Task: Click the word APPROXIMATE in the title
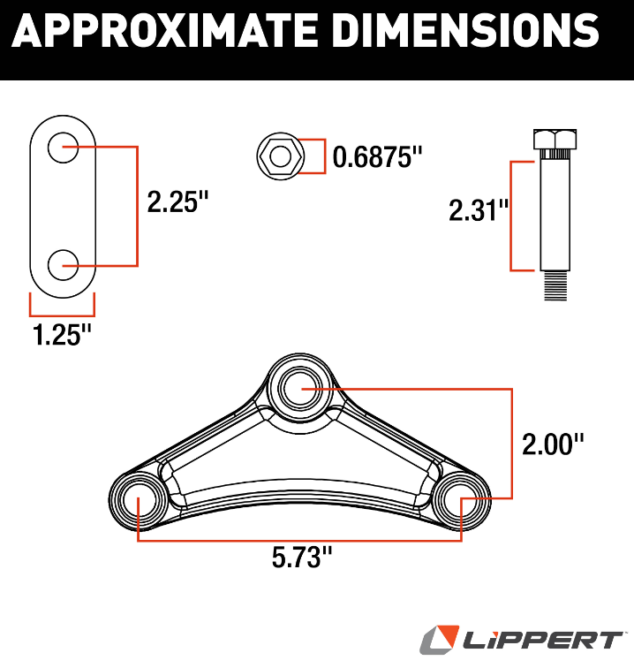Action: (165, 31)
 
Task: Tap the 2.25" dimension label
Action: (178, 201)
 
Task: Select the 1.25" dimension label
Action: (62, 334)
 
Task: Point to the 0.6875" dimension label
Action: (377, 156)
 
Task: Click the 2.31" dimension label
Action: (479, 210)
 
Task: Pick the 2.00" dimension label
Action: (553, 444)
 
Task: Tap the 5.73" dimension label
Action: (302, 558)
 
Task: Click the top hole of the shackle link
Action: (63, 148)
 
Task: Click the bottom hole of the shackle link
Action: (63, 265)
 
